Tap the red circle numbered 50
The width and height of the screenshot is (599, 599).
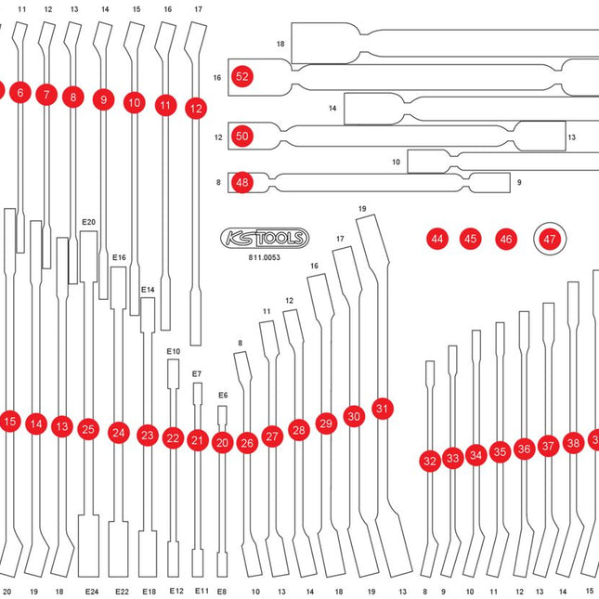pyautogui.click(x=242, y=136)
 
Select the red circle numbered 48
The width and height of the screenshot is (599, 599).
pyautogui.click(x=242, y=182)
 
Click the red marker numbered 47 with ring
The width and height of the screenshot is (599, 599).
pyautogui.click(x=550, y=239)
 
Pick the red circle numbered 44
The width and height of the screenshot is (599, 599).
pyautogui.click(x=436, y=239)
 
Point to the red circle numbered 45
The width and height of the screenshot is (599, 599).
pyautogui.click(x=471, y=239)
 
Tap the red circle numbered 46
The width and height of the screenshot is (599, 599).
pyautogui.click(x=505, y=239)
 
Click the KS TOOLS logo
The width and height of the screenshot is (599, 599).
pyautogui.click(x=265, y=239)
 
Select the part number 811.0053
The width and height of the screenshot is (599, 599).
pyautogui.click(x=265, y=257)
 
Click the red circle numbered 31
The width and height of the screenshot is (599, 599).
pyautogui.click(x=383, y=408)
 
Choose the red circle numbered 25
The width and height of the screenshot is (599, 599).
pyautogui.click(x=88, y=429)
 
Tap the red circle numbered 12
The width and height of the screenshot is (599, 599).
pyautogui.click(x=195, y=108)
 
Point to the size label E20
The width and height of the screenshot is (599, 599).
pyautogui.click(x=89, y=222)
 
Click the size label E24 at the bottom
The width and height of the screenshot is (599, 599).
pyautogui.click(x=91, y=591)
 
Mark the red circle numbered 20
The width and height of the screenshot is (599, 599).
pyautogui.click(x=221, y=443)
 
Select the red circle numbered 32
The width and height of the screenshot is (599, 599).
pyautogui.click(x=429, y=460)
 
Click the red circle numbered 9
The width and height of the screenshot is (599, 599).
pyautogui.click(x=103, y=99)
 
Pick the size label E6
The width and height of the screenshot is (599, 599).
pyautogui.click(x=223, y=396)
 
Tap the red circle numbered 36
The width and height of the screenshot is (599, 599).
pyautogui.click(x=524, y=449)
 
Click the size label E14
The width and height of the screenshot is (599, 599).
pyautogui.click(x=149, y=290)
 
